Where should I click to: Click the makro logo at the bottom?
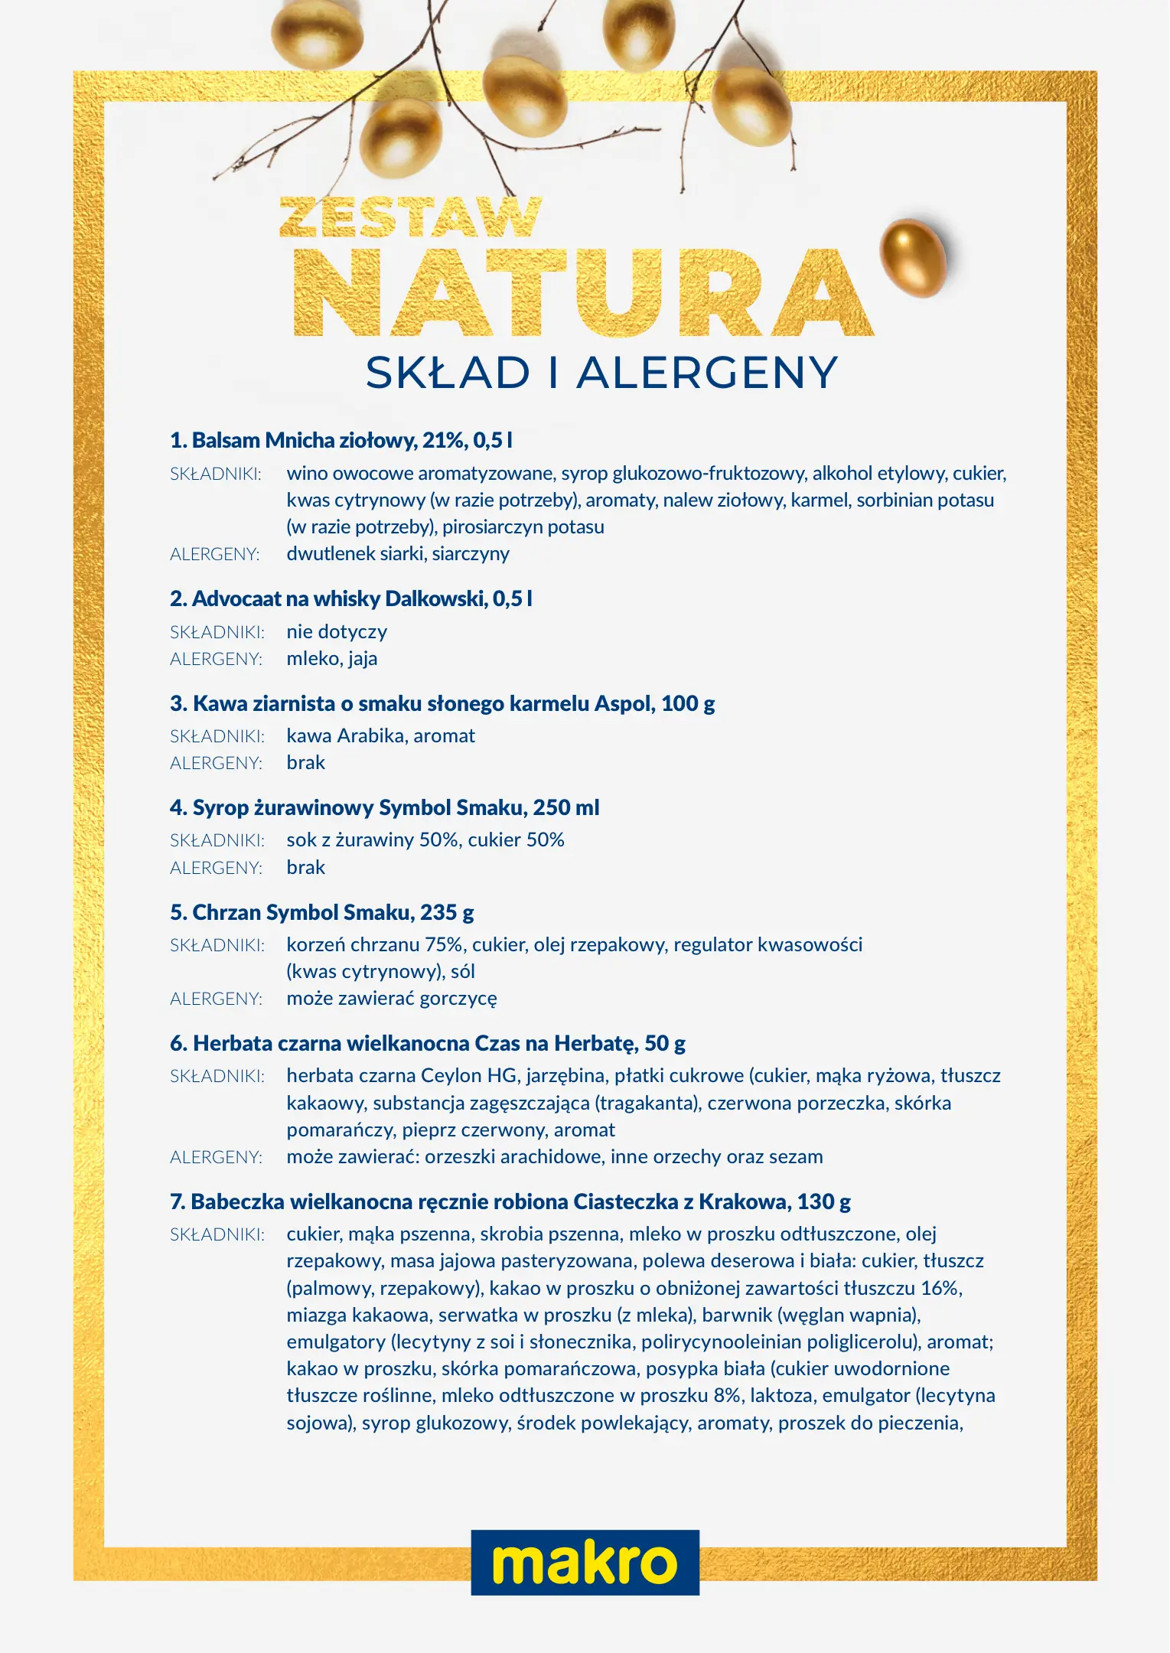[x=585, y=1562]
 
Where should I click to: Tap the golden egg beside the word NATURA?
[x=912, y=257]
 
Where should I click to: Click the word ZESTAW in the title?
[x=411, y=217]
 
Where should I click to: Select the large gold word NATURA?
[x=583, y=292]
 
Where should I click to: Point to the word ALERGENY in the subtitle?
[x=707, y=373]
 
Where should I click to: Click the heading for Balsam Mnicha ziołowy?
[x=341, y=440]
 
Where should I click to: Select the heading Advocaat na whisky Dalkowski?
[x=350, y=598]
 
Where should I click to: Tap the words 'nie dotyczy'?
[x=337, y=631]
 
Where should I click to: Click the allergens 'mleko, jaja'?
[x=331, y=658]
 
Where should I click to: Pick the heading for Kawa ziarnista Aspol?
[x=442, y=703]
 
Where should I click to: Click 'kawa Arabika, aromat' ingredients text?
[x=380, y=735]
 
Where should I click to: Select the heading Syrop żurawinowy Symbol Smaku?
[x=384, y=807]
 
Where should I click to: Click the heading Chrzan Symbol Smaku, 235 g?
[x=321, y=912]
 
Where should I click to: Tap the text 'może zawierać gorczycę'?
[x=391, y=998]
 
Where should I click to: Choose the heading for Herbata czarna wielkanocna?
[x=427, y=1043]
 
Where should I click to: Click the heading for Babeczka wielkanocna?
[x=510, y=1201]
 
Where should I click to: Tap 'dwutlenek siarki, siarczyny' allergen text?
[x=398, y=553]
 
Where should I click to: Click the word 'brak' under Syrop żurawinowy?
[x=305, y=867]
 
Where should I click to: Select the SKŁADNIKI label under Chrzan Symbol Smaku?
[x=217, y=945]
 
